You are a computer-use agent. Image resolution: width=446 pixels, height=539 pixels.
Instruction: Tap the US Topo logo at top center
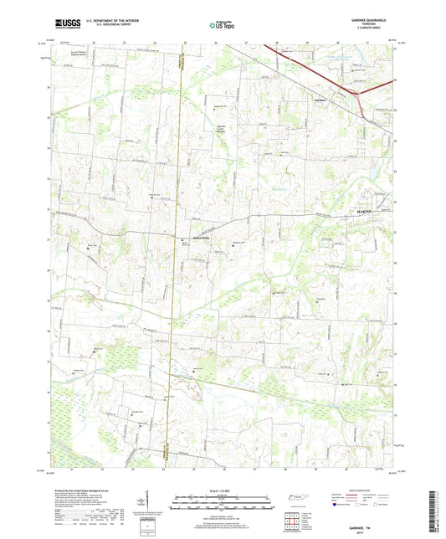tap(223, 26)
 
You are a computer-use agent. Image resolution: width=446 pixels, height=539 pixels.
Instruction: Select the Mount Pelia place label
tap(194, 238)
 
